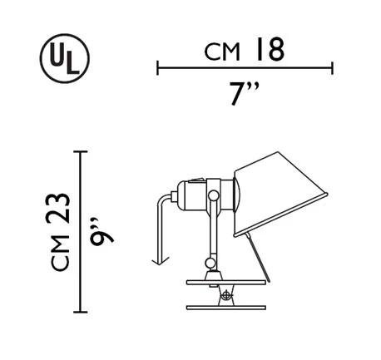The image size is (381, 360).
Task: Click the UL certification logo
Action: [65, 58]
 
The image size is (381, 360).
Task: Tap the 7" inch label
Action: [245, 93]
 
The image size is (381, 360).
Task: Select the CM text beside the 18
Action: [222, 52]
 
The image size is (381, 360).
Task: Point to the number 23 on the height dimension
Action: [58, 208]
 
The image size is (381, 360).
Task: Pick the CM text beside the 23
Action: [60, 253]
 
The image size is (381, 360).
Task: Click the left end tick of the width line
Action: [157, 67]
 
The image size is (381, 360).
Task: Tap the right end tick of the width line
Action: [332, 67]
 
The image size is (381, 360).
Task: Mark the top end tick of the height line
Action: [81, 151]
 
